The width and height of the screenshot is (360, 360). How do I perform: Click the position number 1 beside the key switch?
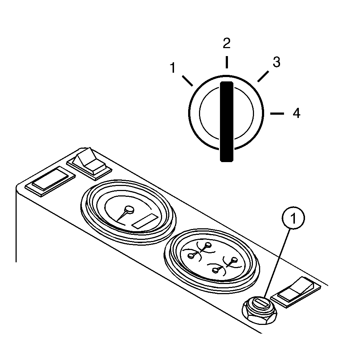click(173, 68)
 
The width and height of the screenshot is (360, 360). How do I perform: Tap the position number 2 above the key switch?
click(226, 43)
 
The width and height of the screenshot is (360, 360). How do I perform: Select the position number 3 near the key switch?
click(277, 62)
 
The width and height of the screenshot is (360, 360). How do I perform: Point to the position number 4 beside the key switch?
click(296, 113)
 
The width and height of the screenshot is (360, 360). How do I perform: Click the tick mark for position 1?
click(187, 81)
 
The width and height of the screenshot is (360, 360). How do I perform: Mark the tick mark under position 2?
click(226, 62)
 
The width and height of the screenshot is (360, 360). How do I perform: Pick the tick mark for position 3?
click(263, 76)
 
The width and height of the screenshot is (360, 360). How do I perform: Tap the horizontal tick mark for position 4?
click(277, 113)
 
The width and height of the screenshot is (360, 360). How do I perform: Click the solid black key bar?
click(226, 122)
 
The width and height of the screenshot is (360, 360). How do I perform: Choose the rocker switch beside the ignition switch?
click(296, 292)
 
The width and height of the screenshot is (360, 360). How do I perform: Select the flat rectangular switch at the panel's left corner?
click(50, 181)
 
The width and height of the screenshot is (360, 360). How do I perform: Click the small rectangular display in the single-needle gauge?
click(145, 221)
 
